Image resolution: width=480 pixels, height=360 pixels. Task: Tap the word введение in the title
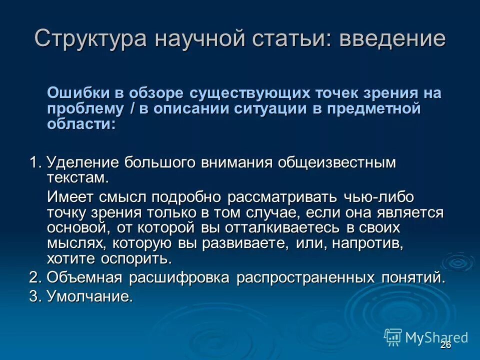click(x=392, y=39)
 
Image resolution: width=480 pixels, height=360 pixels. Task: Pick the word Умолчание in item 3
click(x=90, y=296)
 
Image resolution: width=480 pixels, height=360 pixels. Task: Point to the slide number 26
click(x=446, y=345)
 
